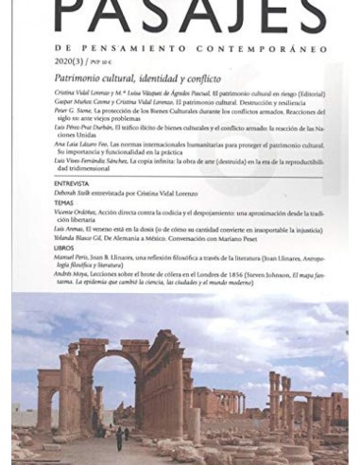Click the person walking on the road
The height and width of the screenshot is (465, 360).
(x=120, y=437)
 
